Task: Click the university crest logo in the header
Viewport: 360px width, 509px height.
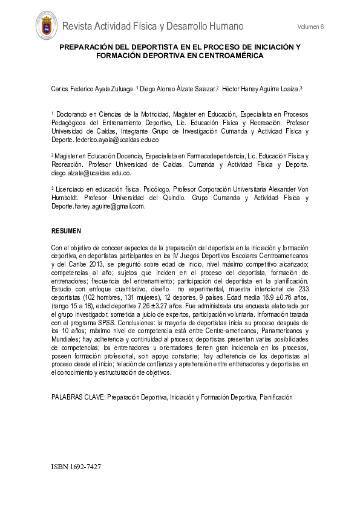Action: [x=47, y=27]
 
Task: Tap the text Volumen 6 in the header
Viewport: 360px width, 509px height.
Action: [x=311, y=27]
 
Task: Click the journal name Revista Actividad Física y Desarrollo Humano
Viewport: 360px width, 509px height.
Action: [x=152, y=26]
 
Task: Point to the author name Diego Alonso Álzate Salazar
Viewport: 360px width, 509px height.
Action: [x=177, y=89]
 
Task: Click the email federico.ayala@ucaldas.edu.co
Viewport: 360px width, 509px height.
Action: [x=117, y=140]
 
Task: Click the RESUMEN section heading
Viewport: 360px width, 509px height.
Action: [x=66, y=232]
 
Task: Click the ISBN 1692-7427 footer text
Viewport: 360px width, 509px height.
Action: [x=76, y=467]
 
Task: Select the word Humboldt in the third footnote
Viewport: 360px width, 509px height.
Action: [x=67, y=198]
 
